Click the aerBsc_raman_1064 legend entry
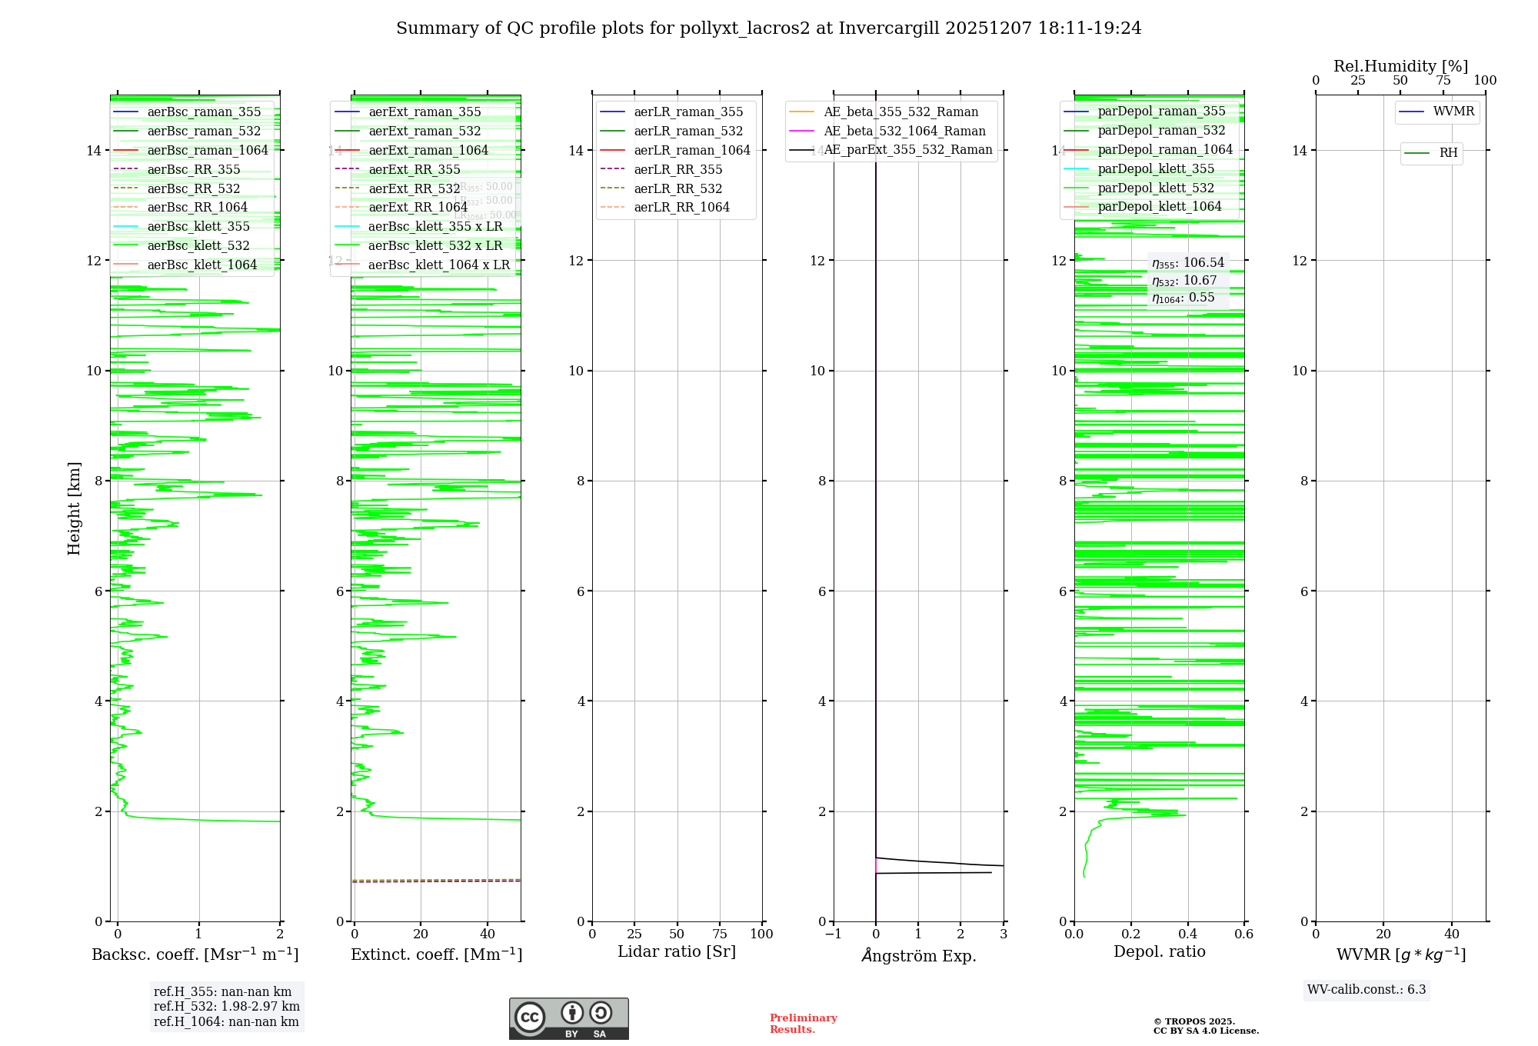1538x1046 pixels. tap(208, 150)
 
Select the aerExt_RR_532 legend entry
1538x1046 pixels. tap(414, 188)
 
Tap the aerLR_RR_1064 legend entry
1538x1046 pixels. tap(681, 207)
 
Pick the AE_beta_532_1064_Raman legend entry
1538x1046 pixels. tap(904, 131)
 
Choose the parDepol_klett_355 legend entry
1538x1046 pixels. tap(1156, 168)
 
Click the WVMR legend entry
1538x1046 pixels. tap(1453, 112)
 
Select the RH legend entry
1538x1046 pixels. tap(1448, 153)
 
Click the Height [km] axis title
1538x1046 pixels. tap(74, 508)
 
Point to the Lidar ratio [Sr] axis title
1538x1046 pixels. tap(677, 951)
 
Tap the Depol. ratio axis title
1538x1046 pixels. tap(1159, 951)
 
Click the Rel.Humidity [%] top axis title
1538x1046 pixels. tap(1400, 66)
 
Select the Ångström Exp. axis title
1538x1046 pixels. tap(918, 955)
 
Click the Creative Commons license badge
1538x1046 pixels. tap(568, 1018)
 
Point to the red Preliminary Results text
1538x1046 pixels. tap(803, 1024)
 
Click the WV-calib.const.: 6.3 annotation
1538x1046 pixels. tap(1367, 990)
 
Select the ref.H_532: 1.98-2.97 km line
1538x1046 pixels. tap(226, 1006)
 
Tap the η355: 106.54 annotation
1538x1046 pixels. tap(1187, 263)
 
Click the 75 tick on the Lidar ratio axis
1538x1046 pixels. tap(720, 934)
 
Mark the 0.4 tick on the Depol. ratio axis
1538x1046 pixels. tap(1187, 934)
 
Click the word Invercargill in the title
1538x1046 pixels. tap(889, 28)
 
